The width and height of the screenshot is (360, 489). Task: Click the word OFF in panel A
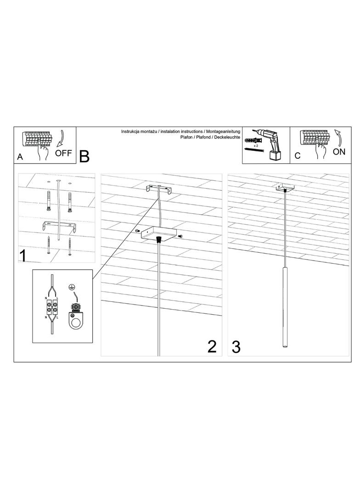point(63,153)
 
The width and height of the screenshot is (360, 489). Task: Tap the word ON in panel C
point(339,152)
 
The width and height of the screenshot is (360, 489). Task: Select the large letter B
point(84,156)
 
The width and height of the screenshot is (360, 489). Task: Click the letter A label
point(20,157)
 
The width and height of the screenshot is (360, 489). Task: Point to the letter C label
point(297,156)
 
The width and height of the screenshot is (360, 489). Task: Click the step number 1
point(23,256)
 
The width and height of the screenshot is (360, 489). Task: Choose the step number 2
point(212,346)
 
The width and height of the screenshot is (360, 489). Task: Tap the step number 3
point(236,347)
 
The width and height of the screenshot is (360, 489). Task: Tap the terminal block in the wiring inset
point(52,307)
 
